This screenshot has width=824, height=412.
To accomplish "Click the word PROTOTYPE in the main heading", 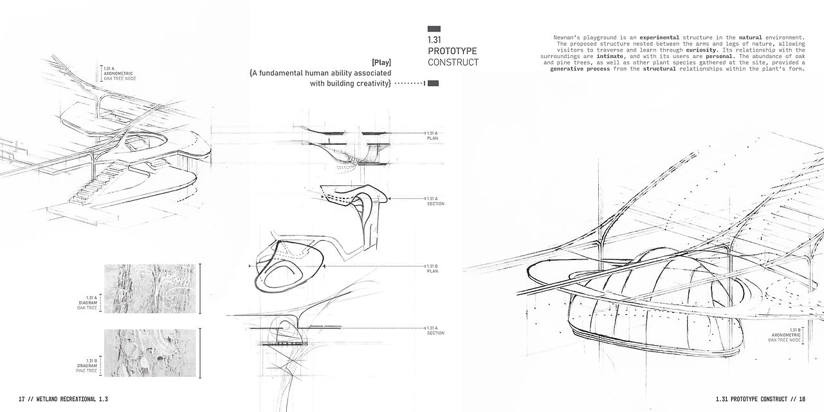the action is (x=452, y=51).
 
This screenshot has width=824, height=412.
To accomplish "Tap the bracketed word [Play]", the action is (x=381, y=62).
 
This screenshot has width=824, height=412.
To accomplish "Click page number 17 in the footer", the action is (x=21, y=399).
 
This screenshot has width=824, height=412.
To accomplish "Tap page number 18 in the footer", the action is (x=801, y=399).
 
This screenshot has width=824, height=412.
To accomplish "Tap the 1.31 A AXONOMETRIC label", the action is (x=119, y=73).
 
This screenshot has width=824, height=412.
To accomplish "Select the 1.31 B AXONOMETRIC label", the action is (x=784, y=335).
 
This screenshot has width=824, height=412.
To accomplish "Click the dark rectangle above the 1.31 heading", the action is (x=434, y=29).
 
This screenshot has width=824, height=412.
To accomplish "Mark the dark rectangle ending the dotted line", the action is (x=433, y=83).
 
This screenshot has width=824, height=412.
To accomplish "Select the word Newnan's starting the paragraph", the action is (x=567, y=38).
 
